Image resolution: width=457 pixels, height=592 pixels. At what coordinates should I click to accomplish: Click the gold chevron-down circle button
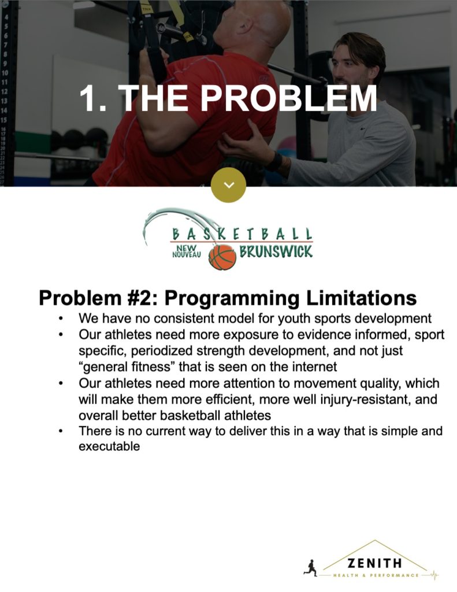(228, 185)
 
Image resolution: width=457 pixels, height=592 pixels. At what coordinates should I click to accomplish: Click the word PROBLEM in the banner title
(288, 98)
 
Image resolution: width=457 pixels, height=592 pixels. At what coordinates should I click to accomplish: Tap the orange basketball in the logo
(222, 257)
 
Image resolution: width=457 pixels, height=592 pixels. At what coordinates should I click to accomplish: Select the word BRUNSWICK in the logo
(276, 251)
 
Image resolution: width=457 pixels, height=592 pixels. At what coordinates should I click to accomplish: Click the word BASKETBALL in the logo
(242, 234)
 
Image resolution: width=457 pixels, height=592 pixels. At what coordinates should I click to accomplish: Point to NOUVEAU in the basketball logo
(187, 255)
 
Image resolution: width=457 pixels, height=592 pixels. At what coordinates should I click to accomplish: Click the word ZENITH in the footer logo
(374, 563)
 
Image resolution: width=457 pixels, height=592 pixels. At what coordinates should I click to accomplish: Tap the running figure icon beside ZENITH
(311, 568)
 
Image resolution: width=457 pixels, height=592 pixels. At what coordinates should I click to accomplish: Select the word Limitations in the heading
(361, 298)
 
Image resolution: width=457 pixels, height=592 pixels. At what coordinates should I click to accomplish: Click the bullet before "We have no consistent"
(61, 319)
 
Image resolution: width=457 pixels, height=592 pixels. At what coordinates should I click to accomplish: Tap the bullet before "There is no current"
(61, 432)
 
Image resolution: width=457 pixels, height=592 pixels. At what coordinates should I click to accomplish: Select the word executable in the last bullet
(109, 446)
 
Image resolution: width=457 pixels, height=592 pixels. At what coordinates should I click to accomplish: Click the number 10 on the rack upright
(4, 72)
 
